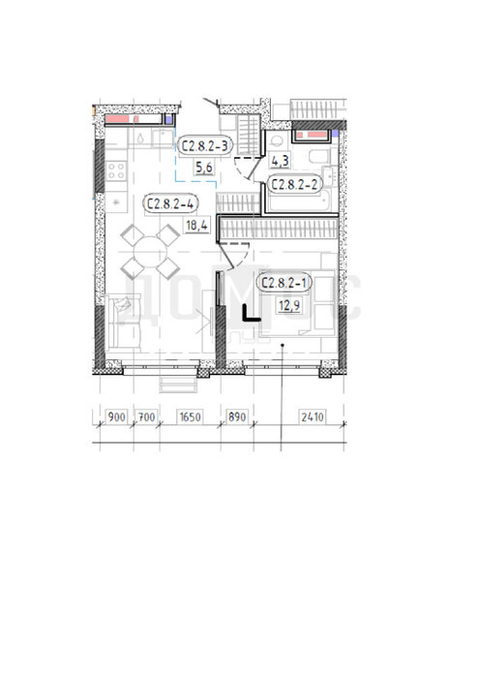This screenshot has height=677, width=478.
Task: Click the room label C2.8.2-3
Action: click(205, 146)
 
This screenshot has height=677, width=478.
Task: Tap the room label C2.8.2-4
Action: click(170, 203)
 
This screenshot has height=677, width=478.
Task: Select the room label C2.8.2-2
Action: click(294, 184)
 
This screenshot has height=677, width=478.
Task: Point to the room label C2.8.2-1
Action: click(284, 283)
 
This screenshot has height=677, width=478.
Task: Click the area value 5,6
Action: click(204, 167)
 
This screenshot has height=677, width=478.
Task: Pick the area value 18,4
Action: click(196, 226)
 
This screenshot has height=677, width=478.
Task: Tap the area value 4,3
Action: click(280, 161)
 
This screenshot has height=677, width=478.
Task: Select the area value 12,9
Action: click(290, 306)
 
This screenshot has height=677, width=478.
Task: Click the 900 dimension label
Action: click(116, 417)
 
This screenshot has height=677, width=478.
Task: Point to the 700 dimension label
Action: click(146, 417)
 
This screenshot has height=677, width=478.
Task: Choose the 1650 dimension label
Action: click(191, 417)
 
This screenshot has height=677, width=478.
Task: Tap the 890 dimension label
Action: click(237, 416)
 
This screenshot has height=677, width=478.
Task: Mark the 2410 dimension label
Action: click(313, 417)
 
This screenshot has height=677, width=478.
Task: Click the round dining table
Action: click(150, 252)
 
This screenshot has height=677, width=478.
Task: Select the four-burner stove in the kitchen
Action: click(116, 169)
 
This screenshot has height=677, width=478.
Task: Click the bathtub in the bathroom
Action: click(298, 201)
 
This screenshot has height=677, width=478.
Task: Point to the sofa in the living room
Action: click(124, 322)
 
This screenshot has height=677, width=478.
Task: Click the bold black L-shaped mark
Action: click(251, 313)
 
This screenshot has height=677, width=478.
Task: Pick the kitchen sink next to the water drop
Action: click(163, 138)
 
